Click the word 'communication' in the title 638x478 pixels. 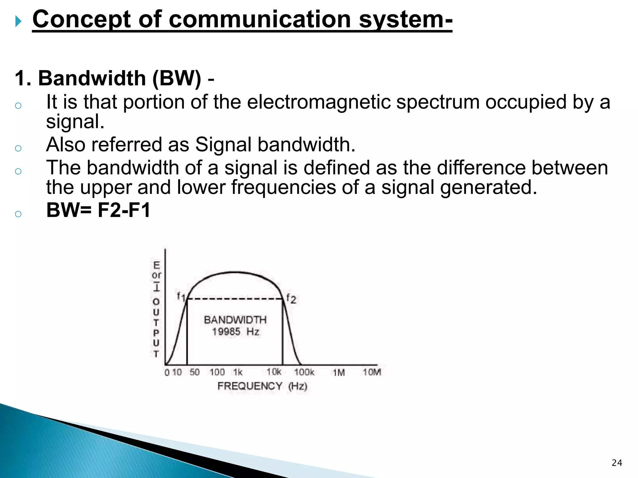[260, 19]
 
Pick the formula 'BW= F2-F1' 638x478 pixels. [98, 210]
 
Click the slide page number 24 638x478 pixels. [617, 463]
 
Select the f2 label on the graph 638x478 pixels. [291, 298]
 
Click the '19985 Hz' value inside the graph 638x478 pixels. [236, 332]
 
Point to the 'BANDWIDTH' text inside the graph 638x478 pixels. [235, 320]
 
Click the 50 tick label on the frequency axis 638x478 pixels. [195, 372]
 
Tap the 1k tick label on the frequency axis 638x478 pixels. [238, 372]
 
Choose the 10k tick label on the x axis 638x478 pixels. [274, 372]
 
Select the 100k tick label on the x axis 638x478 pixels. [304, 372]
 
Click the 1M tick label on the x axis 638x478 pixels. [339, 373]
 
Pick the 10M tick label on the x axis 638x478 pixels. [372, 372]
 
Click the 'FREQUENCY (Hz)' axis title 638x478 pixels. [262, 386]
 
